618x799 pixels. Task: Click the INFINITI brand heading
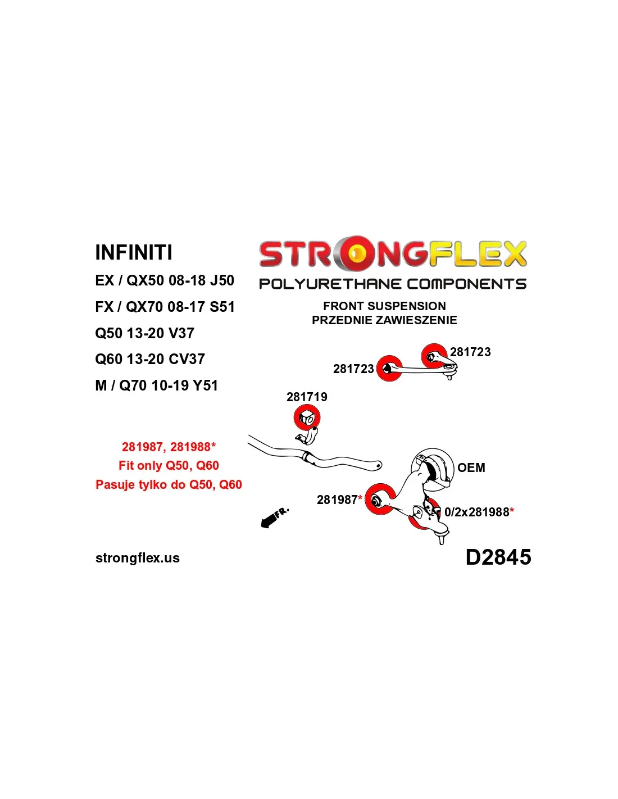(x=134, y=252)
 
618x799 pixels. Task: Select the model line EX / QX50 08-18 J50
(x=164, y=280)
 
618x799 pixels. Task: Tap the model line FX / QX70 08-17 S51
(x=165, y=307)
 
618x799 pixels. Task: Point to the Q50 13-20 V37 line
(x=144, y=333)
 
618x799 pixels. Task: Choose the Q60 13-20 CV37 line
(x=150, y=359)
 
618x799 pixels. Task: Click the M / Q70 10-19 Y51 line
(x=156, y=385)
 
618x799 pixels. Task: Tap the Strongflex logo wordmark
(x=393, y=253)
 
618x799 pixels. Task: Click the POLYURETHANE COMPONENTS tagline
(x=393, y=284)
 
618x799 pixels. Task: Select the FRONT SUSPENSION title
(x=384, y=306)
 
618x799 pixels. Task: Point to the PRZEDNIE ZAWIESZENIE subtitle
(x=384, y=320)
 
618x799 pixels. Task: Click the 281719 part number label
(x=307, y=397)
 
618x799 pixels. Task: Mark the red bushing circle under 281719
(x=307, y=418)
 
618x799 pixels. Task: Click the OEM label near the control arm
(x=471, y=467)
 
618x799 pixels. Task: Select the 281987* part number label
(x=339, y=500)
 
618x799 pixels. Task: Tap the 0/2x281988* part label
(x=479, y=512)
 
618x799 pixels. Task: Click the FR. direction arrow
(x=274, y=517)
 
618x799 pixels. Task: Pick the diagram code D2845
(x=498, y=557)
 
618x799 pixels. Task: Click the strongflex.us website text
(x=138, y=558)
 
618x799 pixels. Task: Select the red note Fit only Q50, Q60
(x=169, y=465)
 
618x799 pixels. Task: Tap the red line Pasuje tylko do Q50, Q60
(x=169, y=484)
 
